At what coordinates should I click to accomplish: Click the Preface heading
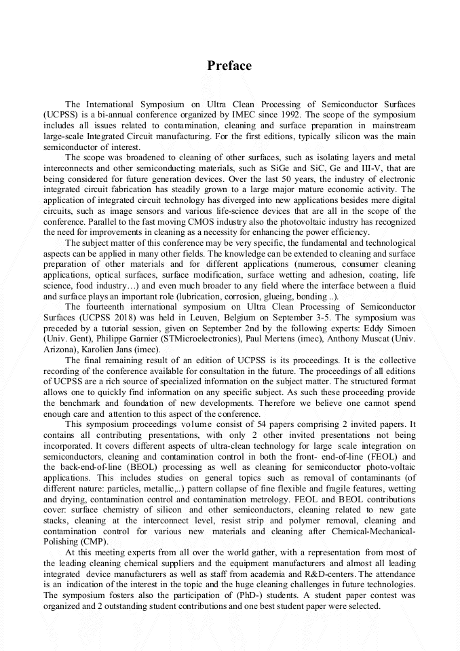coord(229,66)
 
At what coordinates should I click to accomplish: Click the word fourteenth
coord(105,306)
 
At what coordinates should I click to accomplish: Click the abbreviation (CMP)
coord(95,542)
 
